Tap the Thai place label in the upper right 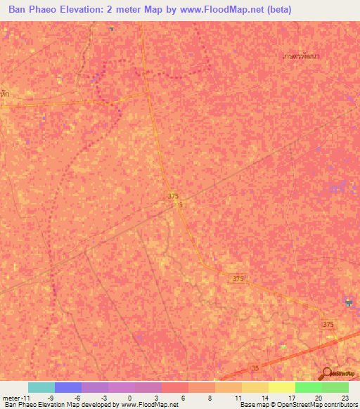[300, 56]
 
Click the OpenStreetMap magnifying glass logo [327, 374]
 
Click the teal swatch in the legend [41, 387]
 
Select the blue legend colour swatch [68, 387]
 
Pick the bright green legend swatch [309, 387]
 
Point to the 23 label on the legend [344, 397]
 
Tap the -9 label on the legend [50, 397]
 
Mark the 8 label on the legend [210, 397]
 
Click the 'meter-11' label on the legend [15, 397]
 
